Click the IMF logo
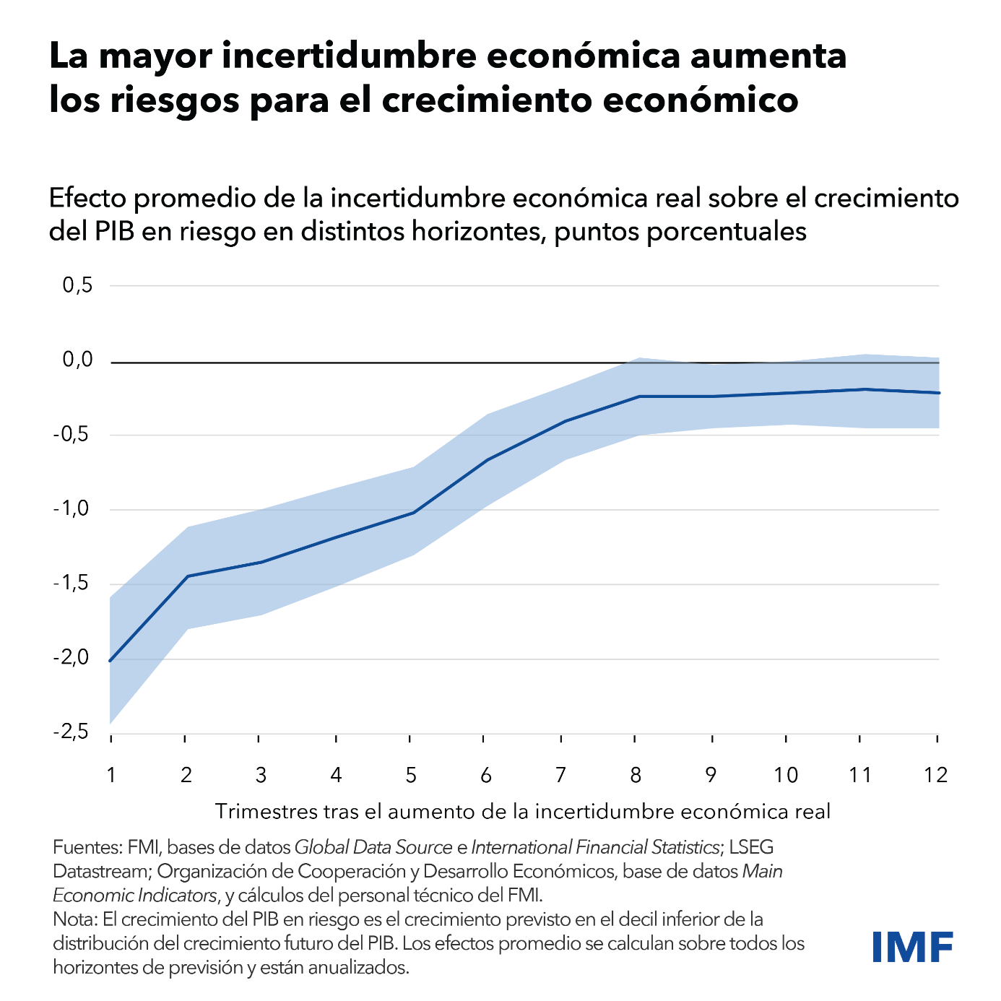tap(912, 947)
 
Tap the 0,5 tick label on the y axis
tap(78, 285)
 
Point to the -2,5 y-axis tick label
tap(71, 732)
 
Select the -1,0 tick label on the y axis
tap(71, 509)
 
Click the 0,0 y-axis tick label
tap(78, 360)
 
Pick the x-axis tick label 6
tap(485, 776)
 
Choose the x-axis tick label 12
tap(935, 776)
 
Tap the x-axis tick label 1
tap(111, 776)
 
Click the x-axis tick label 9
tap(711, 776)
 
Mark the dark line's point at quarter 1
tap(110, 661)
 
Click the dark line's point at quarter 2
tap(187, 576)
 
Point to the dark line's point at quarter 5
tap(412, 513)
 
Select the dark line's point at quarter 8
tap(638, 396)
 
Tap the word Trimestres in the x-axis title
tap(263, 812)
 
